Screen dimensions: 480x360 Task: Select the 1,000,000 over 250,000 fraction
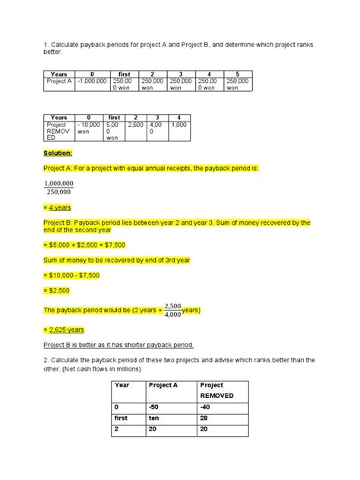(x=58, y=187)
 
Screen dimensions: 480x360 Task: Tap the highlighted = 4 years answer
(x=59, y=207)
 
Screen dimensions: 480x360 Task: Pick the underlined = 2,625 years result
(x=64, y=330)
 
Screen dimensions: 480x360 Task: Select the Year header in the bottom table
(x=122, y=384)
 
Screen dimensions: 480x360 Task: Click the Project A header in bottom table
(x=163, y=384)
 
